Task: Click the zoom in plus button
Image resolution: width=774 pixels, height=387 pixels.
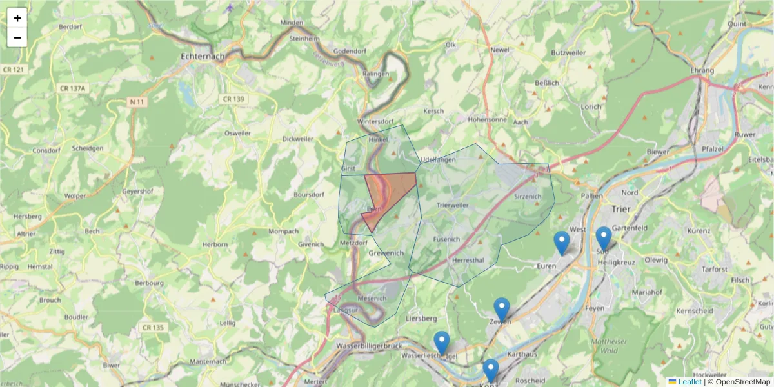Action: (17, 18)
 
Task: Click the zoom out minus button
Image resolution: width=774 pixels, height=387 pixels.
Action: (17, 37)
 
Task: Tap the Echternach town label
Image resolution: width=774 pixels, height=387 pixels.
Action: (203, 56)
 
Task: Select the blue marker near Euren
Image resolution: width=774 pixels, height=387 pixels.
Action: (562, 243)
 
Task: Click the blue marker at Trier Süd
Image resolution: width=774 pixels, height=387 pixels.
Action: (603, 238)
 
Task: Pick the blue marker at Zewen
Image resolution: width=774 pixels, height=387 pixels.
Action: (502, 309)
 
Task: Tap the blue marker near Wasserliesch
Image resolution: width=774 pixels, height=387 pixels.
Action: (441, 342)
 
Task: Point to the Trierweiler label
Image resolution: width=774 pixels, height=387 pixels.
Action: (453, 205)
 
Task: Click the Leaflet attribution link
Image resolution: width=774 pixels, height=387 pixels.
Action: (689, 382)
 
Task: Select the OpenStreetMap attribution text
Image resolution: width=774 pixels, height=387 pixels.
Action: (739, 382)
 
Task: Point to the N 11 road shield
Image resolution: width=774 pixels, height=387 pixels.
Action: (136, 102)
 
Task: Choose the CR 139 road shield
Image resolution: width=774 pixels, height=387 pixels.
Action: (232, 99)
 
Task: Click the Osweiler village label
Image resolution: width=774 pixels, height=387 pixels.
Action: (237, 133)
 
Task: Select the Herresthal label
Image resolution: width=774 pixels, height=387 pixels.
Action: (468, 260)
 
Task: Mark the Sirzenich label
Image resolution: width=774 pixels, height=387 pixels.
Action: (528, 196)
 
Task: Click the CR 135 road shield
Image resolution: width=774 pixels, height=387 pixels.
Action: (154, 328)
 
